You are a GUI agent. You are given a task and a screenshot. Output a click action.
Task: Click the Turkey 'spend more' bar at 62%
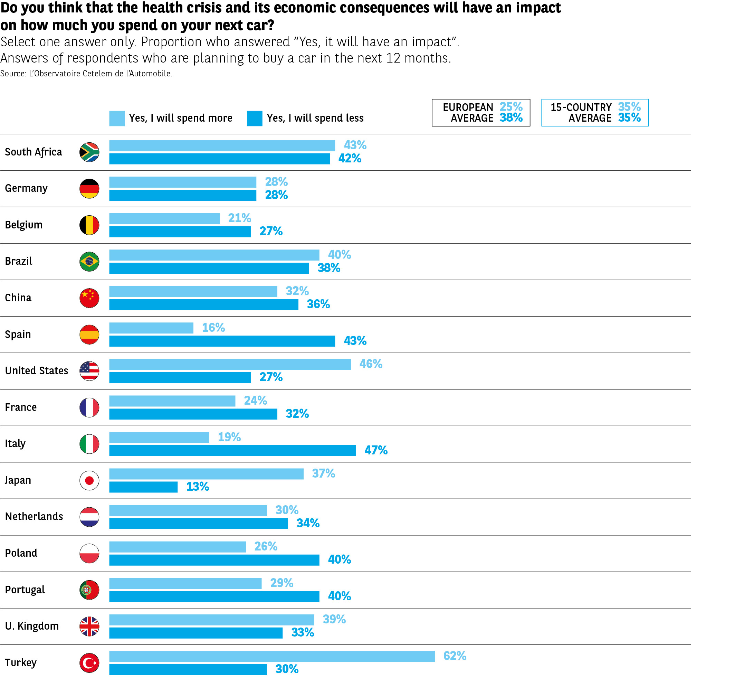272,656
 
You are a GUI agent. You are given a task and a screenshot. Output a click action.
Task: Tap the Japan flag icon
89,480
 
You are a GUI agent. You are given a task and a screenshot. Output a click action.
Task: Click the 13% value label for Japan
198,487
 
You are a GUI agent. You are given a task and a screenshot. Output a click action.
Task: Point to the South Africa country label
34,152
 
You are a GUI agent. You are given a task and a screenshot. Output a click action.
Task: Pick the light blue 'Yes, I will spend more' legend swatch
117,118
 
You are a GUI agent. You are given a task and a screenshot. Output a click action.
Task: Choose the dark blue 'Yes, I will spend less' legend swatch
255,118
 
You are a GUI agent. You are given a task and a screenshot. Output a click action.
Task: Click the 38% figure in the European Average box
511,118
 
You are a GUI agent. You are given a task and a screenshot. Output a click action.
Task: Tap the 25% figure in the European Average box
511,107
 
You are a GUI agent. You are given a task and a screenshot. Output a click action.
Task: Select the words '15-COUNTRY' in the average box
581,107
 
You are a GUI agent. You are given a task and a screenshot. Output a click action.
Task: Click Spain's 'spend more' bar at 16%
151,328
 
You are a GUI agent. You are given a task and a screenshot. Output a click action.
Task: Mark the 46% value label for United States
371,364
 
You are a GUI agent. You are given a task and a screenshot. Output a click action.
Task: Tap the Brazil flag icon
89,262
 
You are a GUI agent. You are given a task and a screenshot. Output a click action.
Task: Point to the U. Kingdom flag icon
89,626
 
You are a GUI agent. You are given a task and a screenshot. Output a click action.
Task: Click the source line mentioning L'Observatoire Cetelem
86,74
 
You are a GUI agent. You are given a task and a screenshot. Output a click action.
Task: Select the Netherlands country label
34,517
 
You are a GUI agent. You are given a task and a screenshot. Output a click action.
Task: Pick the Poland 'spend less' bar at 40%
214,560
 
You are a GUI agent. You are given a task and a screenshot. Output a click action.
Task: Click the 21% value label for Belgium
239,218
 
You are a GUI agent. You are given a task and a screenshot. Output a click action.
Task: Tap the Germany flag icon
89,189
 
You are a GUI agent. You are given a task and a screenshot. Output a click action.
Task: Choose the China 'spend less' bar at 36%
203,304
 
